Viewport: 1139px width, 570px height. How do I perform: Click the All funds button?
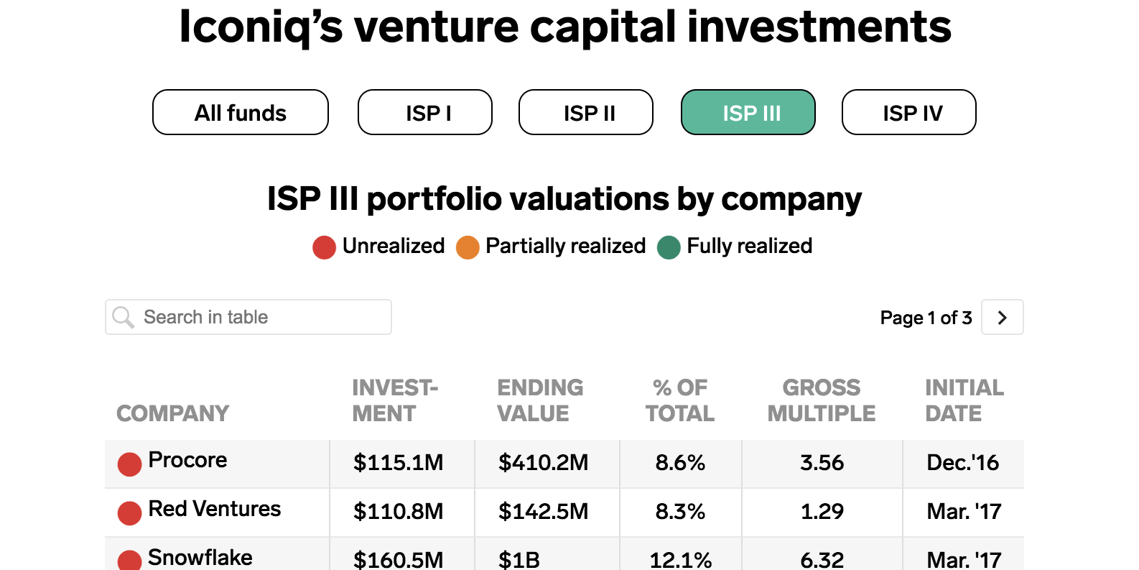tap(241, 112)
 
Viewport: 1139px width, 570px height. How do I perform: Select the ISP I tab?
tap(425, 112)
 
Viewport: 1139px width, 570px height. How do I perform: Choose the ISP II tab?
tap(586, 112)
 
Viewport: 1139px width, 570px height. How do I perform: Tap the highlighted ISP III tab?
tap(748, 112)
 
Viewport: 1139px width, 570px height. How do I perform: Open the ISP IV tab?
tap(909, 112)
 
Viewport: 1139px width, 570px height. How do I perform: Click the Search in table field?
tap(248, 317)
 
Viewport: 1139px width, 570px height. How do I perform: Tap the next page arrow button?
tap(1003, 317)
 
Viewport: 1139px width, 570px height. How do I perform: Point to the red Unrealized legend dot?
tap(325, 247)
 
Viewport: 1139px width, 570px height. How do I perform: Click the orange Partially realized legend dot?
tap(468, 247)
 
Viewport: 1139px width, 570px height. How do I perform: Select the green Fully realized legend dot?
tap(669, 247)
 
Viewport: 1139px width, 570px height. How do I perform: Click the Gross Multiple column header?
tap(822, 400)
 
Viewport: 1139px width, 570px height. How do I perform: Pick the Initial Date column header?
tap(964, 400)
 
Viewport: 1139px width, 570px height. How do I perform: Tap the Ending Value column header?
tap(541, 400)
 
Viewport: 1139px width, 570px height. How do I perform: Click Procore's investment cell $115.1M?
tap(398, 463)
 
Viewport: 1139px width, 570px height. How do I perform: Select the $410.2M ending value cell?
tap(543, 463)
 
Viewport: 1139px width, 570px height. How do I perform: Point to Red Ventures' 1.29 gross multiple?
tap(822, 512)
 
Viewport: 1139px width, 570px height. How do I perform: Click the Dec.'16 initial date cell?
tap(962, 463)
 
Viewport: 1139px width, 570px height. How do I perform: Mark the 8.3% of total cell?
tap(680, 512)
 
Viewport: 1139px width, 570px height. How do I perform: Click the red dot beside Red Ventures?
tap(130, 513)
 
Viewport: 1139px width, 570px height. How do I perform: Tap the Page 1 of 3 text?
tap(926, 318)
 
